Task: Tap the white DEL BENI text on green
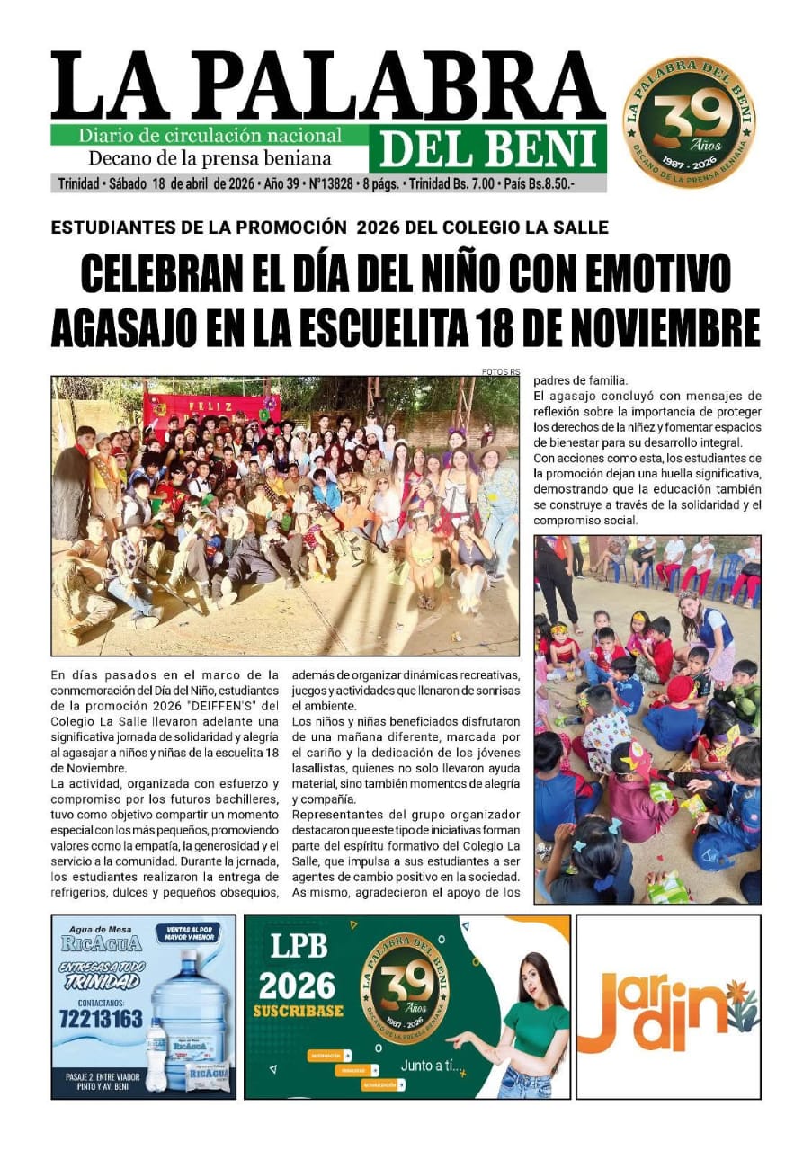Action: click(488, 148)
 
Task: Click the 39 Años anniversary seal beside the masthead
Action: click(689, 121)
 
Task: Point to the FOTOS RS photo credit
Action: click(501, 371)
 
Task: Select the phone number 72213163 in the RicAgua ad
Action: click(101, 1019)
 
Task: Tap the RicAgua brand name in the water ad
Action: click(101, 944)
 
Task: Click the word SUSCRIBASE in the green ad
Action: click(299, 1011)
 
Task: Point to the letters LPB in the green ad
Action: click(299, 947)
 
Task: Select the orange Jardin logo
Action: click(667, 1009)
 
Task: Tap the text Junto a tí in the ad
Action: click(431, 1067)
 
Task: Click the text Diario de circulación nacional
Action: click(210, 136)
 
